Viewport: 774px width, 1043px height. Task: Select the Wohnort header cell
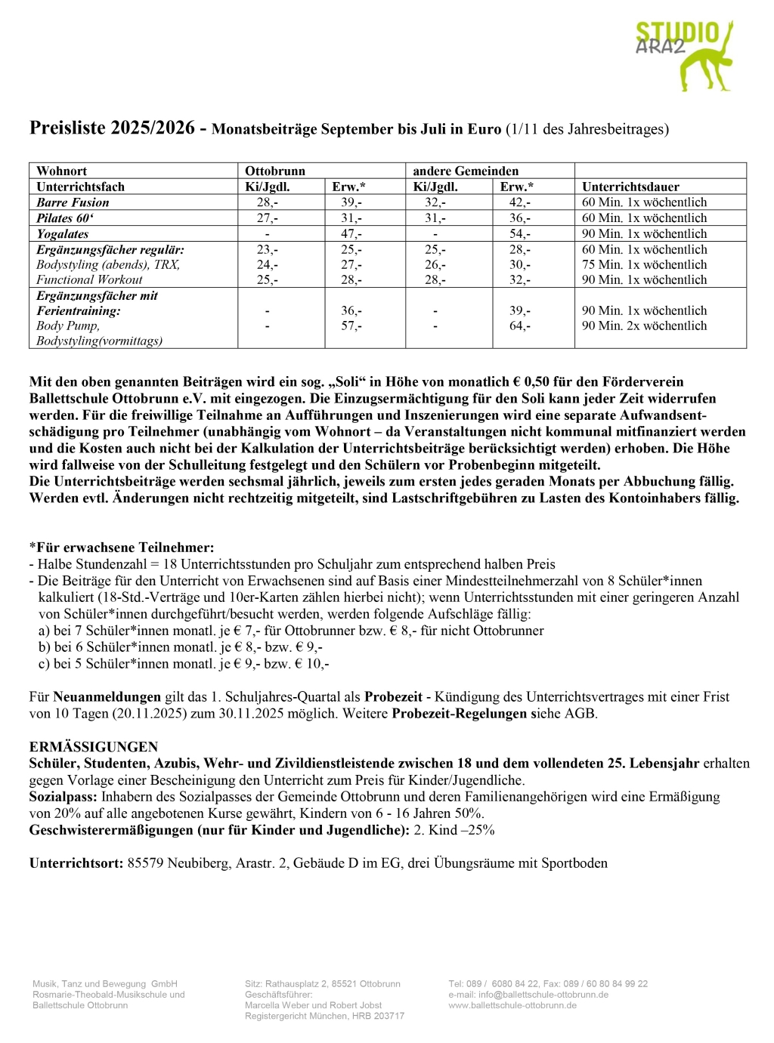click(62, 171)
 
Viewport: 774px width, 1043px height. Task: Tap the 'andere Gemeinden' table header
click(466, 171)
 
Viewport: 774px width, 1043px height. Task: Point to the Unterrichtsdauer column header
click(630, 187)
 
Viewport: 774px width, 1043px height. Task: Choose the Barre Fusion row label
click(73, 202)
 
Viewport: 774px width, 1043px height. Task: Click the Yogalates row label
click(63, 234)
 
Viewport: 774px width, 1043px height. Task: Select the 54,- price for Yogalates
click(520, 234)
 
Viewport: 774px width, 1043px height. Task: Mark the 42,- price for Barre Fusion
click(520, 202)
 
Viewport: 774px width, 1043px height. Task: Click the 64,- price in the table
click(520, 326)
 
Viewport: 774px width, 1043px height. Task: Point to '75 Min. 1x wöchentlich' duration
click(644, 264)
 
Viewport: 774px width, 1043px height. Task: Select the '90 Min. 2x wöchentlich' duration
click(644, 326)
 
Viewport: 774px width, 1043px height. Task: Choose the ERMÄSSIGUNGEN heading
click(94, 747)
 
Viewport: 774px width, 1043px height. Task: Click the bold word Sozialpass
click(63, 797)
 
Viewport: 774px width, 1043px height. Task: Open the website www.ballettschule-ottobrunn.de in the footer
click(512, 1005)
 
